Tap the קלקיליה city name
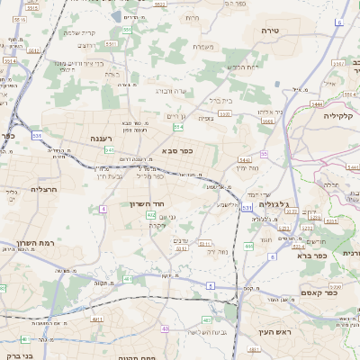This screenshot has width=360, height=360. click(x=343, y=115)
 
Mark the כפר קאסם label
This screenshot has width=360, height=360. click(x=319, y=292)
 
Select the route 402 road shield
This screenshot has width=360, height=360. click(x=150, y=215)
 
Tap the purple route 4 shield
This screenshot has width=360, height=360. click(x=103, y=208)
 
